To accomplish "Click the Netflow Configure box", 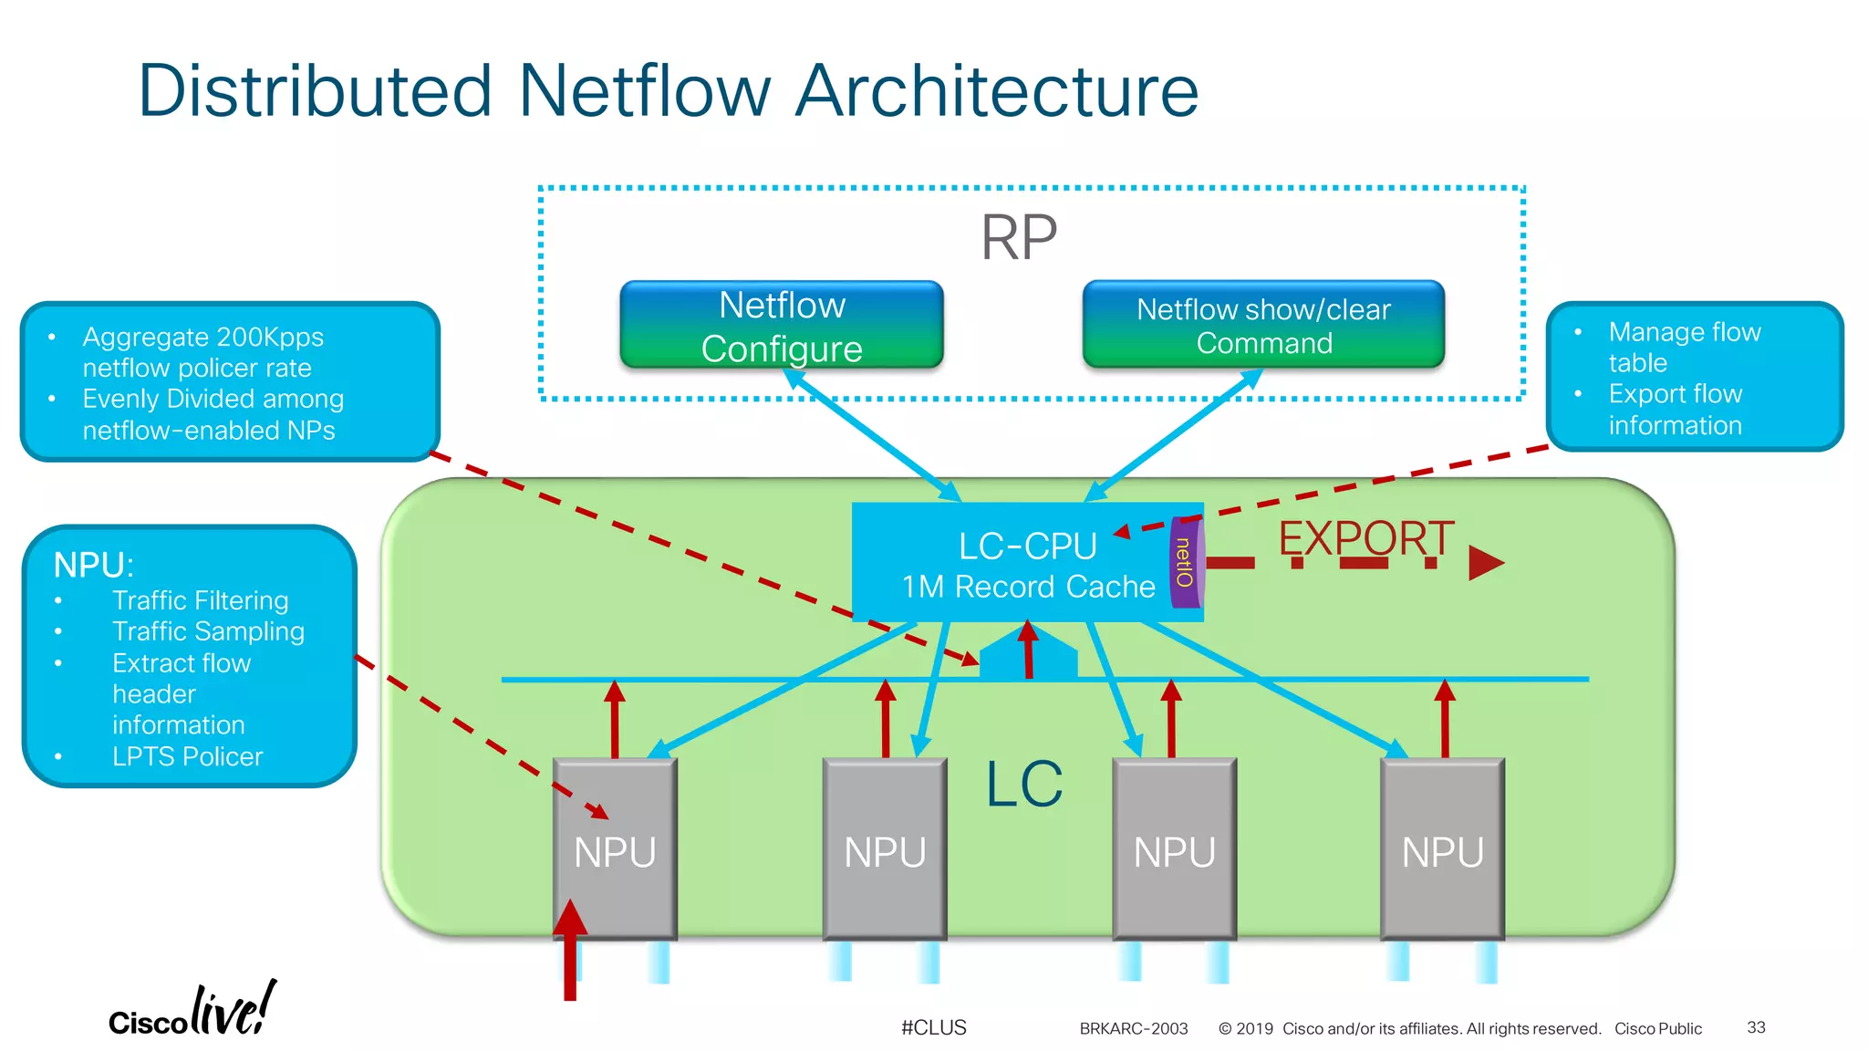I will click(782, 326).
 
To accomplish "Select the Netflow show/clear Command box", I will click(1263, 326).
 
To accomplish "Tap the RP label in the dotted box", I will click(1019, 237).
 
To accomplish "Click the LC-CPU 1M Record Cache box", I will click(1012, 564).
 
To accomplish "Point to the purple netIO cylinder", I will click(1185, 563).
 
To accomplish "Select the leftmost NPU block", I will click(615, 848).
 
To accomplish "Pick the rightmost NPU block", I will click(1442, 848).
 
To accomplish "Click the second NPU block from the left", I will click(885, 848).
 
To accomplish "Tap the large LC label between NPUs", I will click(1024, 784).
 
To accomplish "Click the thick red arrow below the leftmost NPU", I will click(570, 953).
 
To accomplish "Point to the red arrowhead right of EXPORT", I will click(1485, 563).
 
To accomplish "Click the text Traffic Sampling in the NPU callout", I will click(208, 631).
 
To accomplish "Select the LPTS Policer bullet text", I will click(187, 756).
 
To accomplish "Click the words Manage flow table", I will click(1683, 347).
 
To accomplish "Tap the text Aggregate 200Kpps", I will click(202, 337).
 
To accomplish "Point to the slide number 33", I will click(1756, 1027).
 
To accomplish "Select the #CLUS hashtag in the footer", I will click(933, 1027).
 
